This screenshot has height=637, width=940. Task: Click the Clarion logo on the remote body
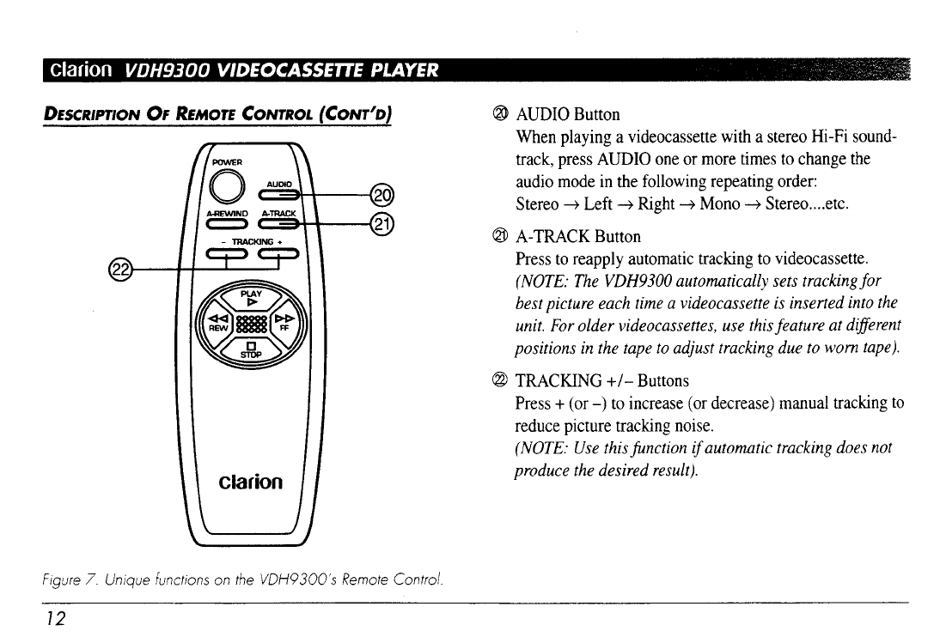(252, 482)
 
